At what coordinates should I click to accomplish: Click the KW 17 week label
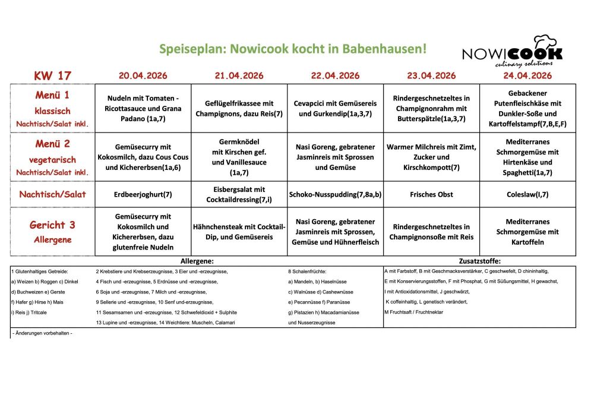pyautogui.click(x=52, y=76)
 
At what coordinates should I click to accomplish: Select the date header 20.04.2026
pyautogui.click(x=143, y=76)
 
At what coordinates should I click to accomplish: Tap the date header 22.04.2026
pyautogui.click(x=335, y=76)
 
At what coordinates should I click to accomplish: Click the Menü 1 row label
pyautogui.click(x=52, y=96)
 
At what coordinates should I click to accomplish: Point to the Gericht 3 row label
pyautogui.click(x=52, y=225)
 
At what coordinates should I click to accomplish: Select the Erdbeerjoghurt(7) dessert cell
pyautogui.click(x=143, y=194)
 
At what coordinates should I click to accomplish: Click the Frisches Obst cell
pyautogui.click(x=431, y=194)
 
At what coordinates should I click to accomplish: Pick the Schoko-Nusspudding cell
pyautogui.click(x=335, y=194)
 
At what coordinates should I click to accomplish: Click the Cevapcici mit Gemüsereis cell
pyautogui.click(x=335, y=108)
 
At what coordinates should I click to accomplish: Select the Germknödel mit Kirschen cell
pyautogui.click(x=239, y=157)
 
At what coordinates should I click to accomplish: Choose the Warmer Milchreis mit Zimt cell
pyautogui.click(x=431, y=157)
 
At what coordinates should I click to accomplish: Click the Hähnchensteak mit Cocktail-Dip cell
pyautogui.click(x=239, y=232)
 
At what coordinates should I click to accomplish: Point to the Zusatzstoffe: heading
pyautogui.click(x=480, y=261)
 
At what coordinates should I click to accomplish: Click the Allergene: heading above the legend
pyautogui.click(x=197, y=261)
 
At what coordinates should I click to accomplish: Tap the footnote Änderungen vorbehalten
pyautogui.click(x=42, y=333)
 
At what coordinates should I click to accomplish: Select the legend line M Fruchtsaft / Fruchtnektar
pyautogui.click(x=413, y=312)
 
